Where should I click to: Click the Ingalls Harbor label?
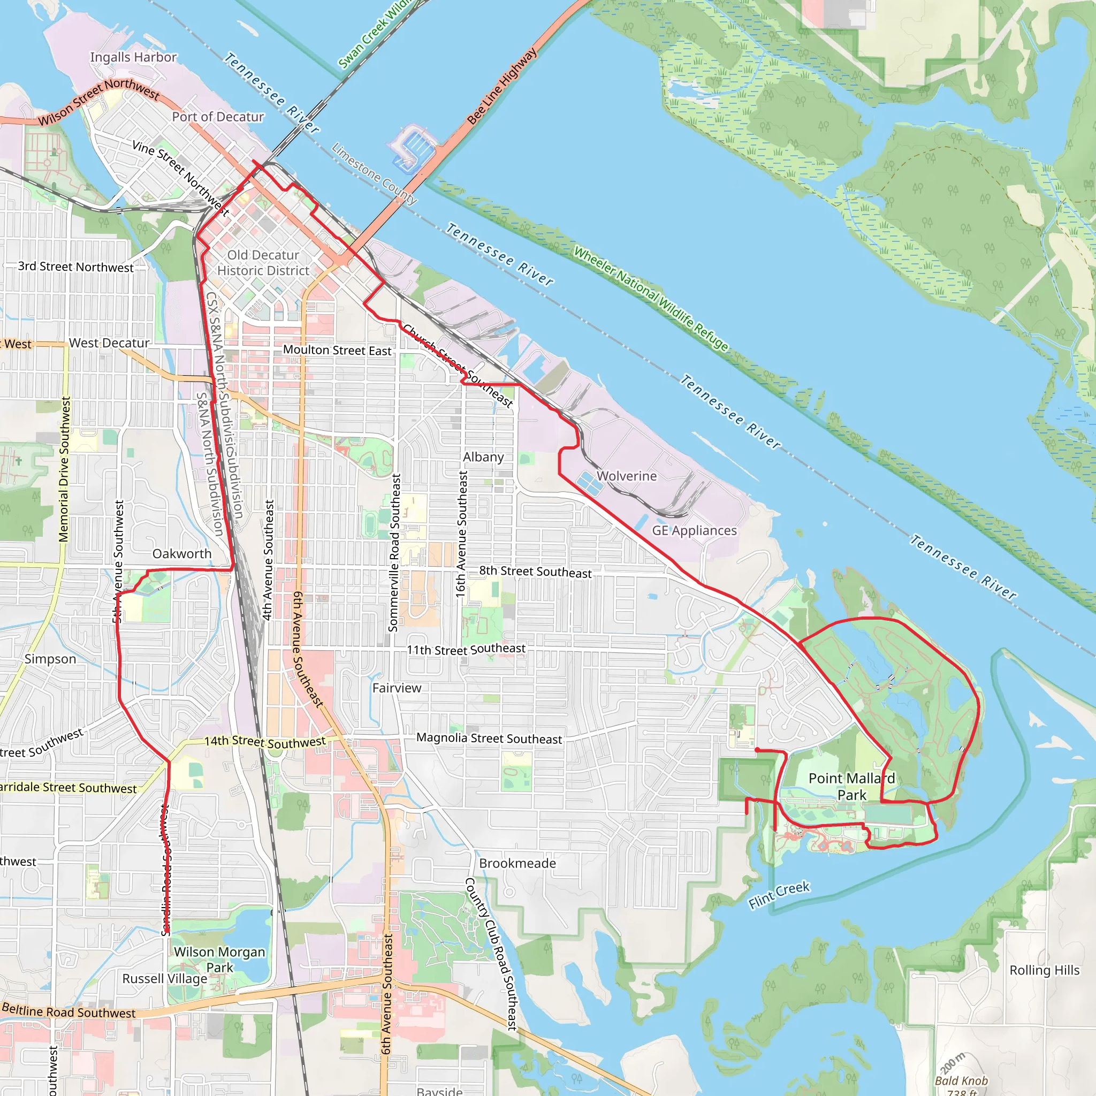(133, 57)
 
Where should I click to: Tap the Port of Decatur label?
(218, 117)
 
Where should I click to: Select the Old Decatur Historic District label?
(263, 263)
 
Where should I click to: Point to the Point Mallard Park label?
(851, 786)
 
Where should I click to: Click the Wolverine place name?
(626, 476)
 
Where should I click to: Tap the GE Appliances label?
(694, 530)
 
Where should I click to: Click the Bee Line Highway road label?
(501, 86)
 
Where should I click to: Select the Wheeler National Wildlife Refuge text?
(650, 299)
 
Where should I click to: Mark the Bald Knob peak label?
(961, 1080)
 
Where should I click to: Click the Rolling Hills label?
(1045, 970)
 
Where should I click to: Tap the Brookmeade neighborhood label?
(517, 863)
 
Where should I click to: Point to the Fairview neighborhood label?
(397, 688)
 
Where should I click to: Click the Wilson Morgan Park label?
(219, 960)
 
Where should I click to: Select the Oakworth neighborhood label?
(181, 554)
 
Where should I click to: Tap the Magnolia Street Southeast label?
(489, 738)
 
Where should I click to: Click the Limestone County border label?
(374, 173)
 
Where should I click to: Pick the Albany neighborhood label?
(483, 456)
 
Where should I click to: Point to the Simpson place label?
(50, 659)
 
